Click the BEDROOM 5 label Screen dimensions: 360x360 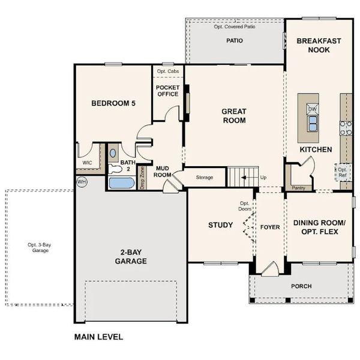pos(113,103)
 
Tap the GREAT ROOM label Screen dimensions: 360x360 pos(234,115)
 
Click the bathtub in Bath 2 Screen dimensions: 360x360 pos(122,183)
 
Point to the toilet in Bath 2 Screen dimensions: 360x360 pos(113,153)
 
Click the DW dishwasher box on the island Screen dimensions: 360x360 pos(313,109)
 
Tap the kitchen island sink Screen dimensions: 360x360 pos(313,124)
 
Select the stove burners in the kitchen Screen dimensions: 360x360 pos(346,127)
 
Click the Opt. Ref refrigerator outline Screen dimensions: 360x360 pos(342,173)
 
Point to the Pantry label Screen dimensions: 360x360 pos(298,188)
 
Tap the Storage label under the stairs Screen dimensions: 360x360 pos(205,178)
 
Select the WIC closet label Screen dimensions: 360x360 pos(88,163)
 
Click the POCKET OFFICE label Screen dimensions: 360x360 pos(167,91)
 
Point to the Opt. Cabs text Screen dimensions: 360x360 pos(167,71)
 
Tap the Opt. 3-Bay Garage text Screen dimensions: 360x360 pos(38,247)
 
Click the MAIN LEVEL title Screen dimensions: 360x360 pos(98,337)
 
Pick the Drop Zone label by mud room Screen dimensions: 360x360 pos(142,178)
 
